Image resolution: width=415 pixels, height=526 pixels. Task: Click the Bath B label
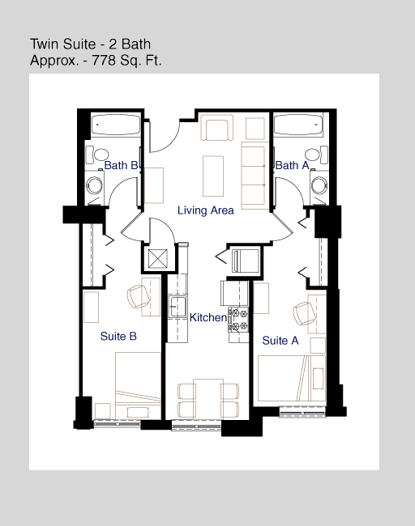[x=121, y=165]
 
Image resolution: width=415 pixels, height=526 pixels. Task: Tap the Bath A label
[x=292, y=165]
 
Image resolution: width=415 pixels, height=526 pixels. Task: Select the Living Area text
[x=206, y=210]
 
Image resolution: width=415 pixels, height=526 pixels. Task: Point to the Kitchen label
[x=208, y=317]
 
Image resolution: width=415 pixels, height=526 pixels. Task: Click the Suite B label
[x=118, y=336]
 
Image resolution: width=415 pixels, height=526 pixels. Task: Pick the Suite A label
[x=280, y=341]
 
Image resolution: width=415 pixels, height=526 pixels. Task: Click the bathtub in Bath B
[x=116, y=125]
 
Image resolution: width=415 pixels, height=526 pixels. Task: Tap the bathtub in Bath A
[x=298, y=125]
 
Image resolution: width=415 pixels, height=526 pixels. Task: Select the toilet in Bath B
[x=97, y=155]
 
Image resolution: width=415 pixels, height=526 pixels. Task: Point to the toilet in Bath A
[x=316, y=155]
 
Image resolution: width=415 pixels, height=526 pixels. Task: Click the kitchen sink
[x=177, y=306]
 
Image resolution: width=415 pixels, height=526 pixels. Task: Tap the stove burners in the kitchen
[x=238, y=320]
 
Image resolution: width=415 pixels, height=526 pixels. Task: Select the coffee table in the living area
[x=213, y=176]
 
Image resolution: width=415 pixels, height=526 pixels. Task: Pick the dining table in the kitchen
[x=208, y=398]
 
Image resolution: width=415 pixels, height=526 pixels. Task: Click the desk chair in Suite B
[x=138, y=296]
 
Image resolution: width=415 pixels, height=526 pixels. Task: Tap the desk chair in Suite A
[x=304, y=313]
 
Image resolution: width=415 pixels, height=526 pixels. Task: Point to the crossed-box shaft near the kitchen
[x=157, y=259]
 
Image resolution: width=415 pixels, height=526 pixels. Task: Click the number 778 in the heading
[x=104, y=61]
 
